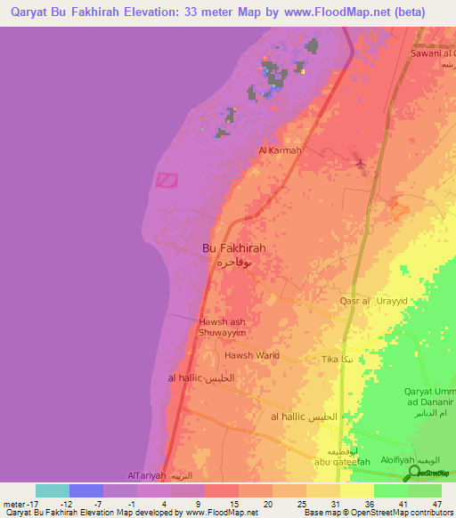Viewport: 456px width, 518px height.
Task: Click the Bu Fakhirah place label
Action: coord(234,249)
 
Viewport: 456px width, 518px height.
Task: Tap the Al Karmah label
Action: coord(280,150)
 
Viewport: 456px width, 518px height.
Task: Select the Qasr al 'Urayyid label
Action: coord(373,302)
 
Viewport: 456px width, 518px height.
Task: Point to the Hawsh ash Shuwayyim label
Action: coord(223,327)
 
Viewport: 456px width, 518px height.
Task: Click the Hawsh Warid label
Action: coord(252,355)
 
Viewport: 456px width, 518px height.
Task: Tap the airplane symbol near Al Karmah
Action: coord(359,164)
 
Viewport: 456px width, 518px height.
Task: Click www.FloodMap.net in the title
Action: coord(339,12)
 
